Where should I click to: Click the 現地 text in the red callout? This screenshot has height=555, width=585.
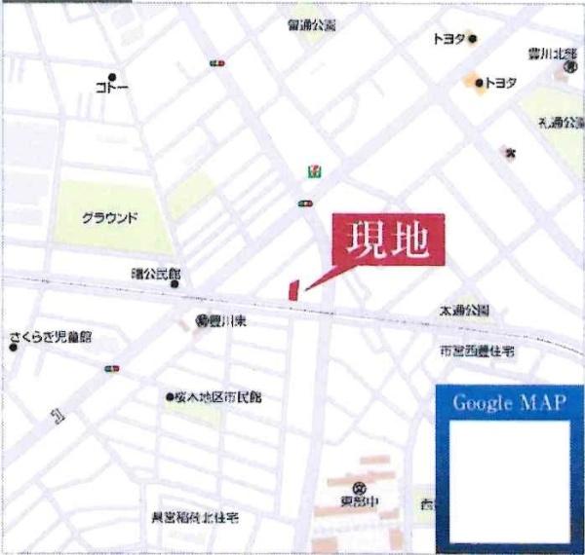pos(388,240)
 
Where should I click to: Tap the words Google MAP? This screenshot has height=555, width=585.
pos(509,404)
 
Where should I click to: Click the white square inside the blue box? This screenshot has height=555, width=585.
pos(509,481)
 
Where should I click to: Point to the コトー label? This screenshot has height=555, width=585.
pos(111,89)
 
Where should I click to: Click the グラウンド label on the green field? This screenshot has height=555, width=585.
pos(110,217)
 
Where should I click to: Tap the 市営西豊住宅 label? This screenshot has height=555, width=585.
pos(477,351)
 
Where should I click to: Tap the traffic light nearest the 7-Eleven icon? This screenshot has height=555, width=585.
pos(306,203)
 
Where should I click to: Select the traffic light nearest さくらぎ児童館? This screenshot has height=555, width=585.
pos(111,368)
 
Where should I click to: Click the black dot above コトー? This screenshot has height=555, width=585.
pos(112,77)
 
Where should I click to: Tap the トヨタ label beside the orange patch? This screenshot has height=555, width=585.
pos(501,83)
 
